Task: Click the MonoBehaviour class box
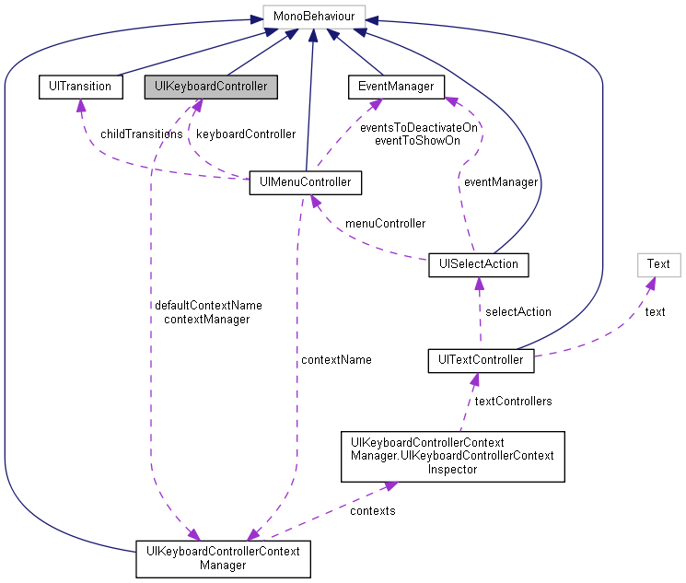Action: (314, 15)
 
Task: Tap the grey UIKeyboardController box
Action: (211, 87)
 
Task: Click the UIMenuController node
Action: (306, 182)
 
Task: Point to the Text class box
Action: (658, 264)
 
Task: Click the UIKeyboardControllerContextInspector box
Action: (452, 456)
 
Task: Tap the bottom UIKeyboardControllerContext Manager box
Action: (223, 558)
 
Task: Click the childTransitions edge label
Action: (142, 134)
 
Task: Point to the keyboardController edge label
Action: (246, 134)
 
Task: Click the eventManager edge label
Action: (500, 182)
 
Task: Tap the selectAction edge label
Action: (517, 311)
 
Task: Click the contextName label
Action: (336, 359)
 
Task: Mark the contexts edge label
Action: (373, 509)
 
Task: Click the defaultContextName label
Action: (208, 305)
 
